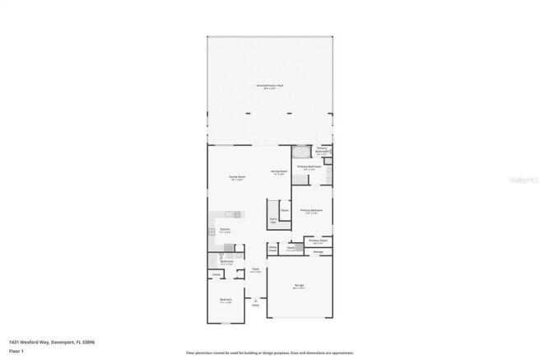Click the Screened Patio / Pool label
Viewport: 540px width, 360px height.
[x=269, y=86]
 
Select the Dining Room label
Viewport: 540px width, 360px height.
[x=279, y=172]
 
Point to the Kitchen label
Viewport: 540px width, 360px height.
[x=225, y=231]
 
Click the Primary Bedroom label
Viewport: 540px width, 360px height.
[x=311, y=212]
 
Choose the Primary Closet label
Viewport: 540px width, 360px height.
[x=318, y=241]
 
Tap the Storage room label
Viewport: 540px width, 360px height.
[x=317, y=250]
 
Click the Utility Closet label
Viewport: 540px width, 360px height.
[x=272, y=248]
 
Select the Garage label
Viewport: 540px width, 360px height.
[x=300, y=287]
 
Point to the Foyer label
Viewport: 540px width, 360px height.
[x=255, y=269]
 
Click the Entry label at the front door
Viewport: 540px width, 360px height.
[x=255, y=305]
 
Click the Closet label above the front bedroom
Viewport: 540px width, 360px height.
[x=216, y=274]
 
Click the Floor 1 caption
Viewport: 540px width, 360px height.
[x=17, y=351]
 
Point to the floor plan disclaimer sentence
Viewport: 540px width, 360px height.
[x=269, y=353]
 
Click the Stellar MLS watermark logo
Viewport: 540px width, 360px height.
[x=521, y=177]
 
